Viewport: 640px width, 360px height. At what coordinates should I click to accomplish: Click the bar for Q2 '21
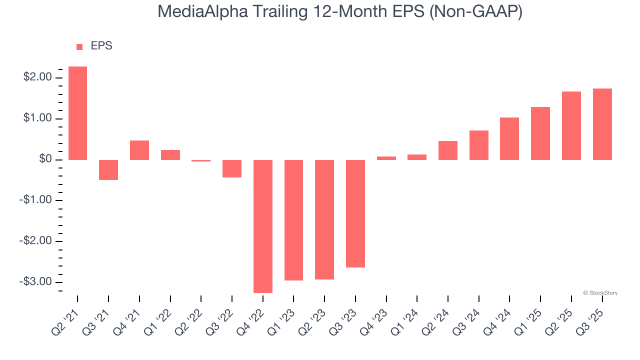(77, 113)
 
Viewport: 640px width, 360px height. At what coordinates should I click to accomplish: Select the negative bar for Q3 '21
(108, 170)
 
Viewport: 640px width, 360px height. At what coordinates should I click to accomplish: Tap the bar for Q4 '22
(263, 226)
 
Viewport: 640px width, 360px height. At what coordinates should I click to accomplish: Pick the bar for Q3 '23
(355, 213)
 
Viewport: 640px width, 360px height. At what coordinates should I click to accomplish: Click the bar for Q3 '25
(602, 124)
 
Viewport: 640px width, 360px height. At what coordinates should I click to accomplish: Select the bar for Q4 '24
(509, 138)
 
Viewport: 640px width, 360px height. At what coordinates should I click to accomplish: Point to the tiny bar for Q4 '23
(386, 158)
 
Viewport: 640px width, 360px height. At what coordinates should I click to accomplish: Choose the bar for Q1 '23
(294, 220)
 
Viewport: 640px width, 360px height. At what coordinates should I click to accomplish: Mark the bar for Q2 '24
(448, 150)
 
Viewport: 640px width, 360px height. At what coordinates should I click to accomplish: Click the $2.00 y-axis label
(37, 77)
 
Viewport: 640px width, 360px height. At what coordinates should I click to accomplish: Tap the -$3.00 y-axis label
(36, 282)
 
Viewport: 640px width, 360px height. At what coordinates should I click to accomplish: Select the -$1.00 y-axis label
(36, 200)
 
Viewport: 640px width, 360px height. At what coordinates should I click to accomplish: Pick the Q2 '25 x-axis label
(563, 317)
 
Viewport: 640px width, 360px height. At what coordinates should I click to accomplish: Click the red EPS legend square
(79, 47)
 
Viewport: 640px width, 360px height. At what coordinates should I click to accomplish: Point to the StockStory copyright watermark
(600, 293)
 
